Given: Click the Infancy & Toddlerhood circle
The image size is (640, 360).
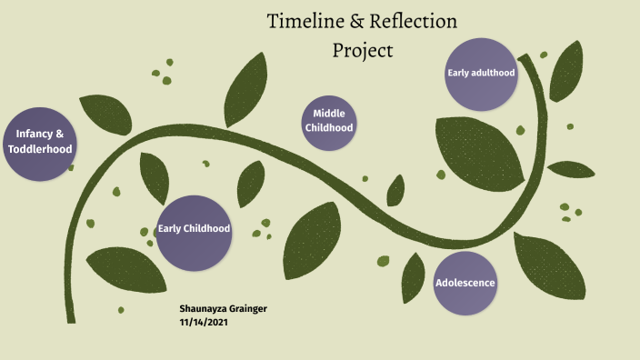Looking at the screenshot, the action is click(x=40, y=142).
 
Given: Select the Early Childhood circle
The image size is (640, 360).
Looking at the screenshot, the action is click(x=194, y=232).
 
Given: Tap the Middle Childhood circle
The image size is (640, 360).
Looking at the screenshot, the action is click(x=328, y=121).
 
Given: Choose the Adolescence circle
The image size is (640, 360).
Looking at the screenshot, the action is click(x=465, y=283).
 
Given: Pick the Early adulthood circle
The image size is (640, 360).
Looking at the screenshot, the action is click(x=481, y=74).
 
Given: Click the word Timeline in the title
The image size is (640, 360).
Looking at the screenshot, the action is click(x=305, y=21).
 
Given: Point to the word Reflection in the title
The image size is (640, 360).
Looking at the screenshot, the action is click(x=414, y=21).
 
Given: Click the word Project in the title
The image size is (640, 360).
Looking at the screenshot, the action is click(x=363, y=49).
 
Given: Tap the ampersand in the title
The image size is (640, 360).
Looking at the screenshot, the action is click(x=356, y=21).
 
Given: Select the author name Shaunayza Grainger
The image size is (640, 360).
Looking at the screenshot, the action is click(x=223, y=309).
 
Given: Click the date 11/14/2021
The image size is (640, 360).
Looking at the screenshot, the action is click(x=203, y=322).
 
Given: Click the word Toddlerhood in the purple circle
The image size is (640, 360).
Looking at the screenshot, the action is click(x=40, y=149).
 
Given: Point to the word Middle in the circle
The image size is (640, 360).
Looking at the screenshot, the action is click(x=328, y=114).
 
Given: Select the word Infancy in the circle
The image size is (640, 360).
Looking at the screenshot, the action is click(x=34, y=134).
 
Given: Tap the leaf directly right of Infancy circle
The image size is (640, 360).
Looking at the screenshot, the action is click(x=105, y=113).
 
